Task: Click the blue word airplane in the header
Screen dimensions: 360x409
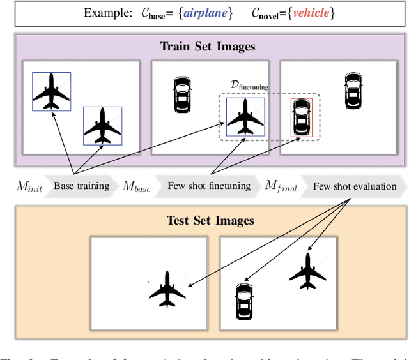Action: tap(207, 13)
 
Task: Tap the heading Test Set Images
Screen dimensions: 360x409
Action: tap(210, 221)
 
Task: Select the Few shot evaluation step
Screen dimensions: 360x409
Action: tap(355, 186)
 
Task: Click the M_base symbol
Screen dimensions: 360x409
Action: tap(137, 187)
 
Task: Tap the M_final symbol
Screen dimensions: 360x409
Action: tap(281, 187)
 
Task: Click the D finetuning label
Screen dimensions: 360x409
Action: tap(249, 86)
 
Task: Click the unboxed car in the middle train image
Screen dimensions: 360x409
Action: tap(182, 95)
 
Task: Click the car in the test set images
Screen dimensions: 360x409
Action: tap(243, 301)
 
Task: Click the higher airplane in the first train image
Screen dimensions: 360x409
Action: tap(51, 91)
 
